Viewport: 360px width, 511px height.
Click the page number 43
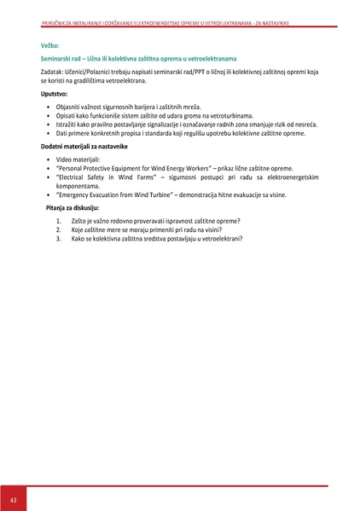click(x=14, y=497)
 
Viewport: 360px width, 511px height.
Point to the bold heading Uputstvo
click(x=55, y=93)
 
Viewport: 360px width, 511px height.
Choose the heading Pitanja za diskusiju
click(x=73, y=208)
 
